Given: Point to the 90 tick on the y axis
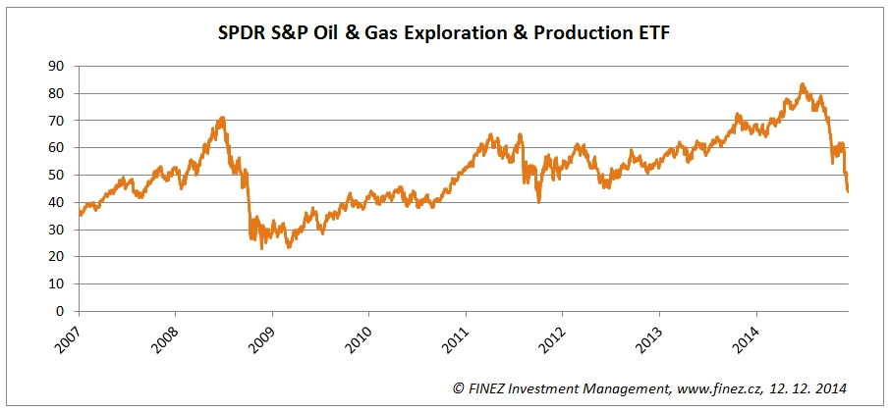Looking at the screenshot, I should tap(56, 66).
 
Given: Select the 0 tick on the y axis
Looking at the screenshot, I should tap(60, 311).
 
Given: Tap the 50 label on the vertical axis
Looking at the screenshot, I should tap(56, 175).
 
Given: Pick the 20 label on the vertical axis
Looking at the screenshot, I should tap(56, 257).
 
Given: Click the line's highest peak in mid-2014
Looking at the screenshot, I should tap(803, 84).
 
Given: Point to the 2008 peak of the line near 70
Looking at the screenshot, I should tap(222, 119).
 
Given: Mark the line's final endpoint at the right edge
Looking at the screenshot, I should tap(848, 190).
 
